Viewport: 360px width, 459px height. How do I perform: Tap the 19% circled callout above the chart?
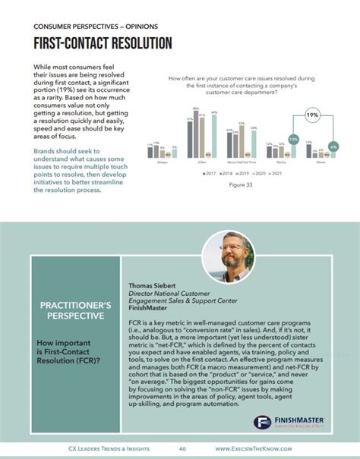pyautogui.click(x=312, y=115)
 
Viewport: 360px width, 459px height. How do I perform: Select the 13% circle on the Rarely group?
pyautogui.click(x=293, y=140)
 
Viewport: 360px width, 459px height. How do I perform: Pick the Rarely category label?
pyautogui.click(x=285, y=161)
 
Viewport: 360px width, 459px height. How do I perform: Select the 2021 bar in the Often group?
pyautogui.click(x=215, y=136)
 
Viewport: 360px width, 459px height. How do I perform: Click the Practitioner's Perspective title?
pyautogui.click(x=76, y=311)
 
